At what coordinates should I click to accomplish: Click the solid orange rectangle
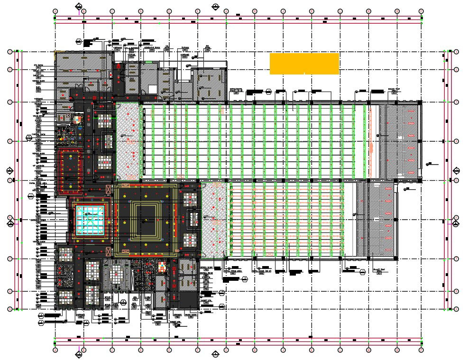304,64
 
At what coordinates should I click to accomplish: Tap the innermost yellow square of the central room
145,219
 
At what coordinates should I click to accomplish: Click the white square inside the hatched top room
152,89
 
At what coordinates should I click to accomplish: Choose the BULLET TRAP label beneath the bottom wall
377,269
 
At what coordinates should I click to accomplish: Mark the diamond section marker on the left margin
9,171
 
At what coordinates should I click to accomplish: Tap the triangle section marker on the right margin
456,223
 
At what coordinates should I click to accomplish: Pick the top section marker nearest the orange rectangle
216,7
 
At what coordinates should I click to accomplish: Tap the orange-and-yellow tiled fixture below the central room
162,266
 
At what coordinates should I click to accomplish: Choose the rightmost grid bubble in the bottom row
421,350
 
